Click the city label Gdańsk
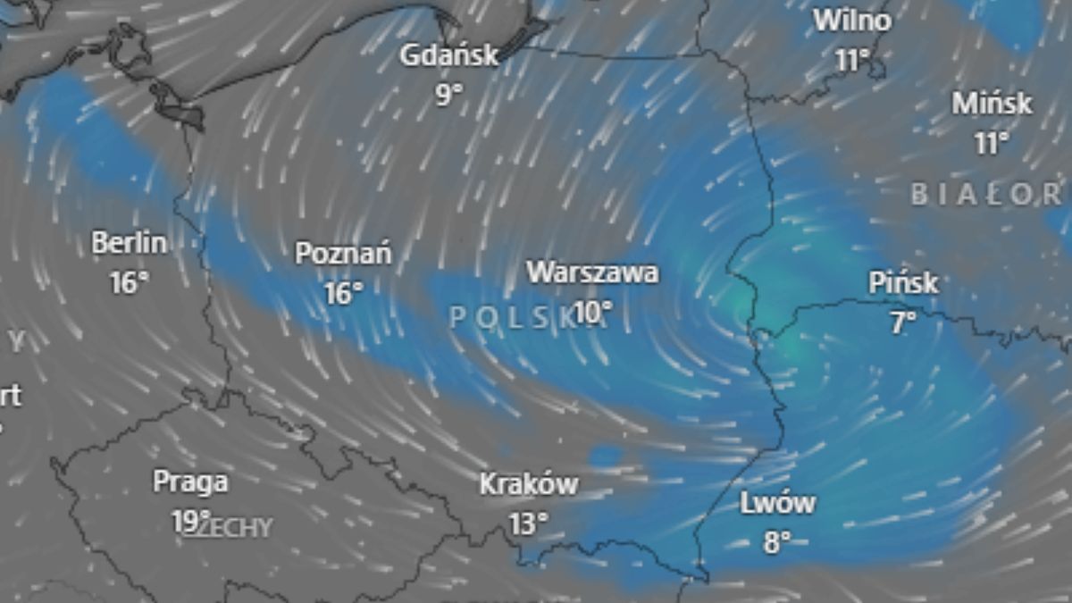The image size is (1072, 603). pyautogui.click(x=448, y=56)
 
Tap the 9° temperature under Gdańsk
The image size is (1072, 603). pyautogui.click(x=449, y=94)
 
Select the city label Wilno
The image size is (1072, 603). pyautogui.click(x=851, y=21)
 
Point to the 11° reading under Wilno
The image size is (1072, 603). pyautogui.click(x=852, y=60)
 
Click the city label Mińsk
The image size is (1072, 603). pyautogui.click(x=992, y=104)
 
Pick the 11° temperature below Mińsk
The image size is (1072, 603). pyautogui.click(x=991, y=142)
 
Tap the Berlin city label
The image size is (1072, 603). pyautogui.click(x=129, y=243)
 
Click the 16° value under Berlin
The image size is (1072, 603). pyautogui.click(x=129, y=282)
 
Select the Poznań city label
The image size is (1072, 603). pyautogui.click(x=343, y=254)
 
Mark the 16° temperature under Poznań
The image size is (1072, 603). pyautogui.click(x=343, y=292)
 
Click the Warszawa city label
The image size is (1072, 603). pyautogui.click(x=592, y=272)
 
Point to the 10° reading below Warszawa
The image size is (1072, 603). pyautogui.click(x=593, y=312)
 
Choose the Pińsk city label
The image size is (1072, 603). pyautogui.click(x=903, y=283)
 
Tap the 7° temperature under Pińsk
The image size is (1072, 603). pyautogui.click(x=902, y=322)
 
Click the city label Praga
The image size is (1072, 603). pyautogui.click(x=190, y=482)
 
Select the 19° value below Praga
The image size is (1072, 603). pyautogui.click(x=191, y=521)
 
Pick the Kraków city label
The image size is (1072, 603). pyautogui.click(x=529, y=485)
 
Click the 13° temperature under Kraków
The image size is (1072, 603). pyautogui.click(x=529, y=523)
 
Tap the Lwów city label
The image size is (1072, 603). pyautogui.click(x=777, y=504)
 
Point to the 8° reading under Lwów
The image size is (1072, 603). pyautogui.click(x=777, y=542)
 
